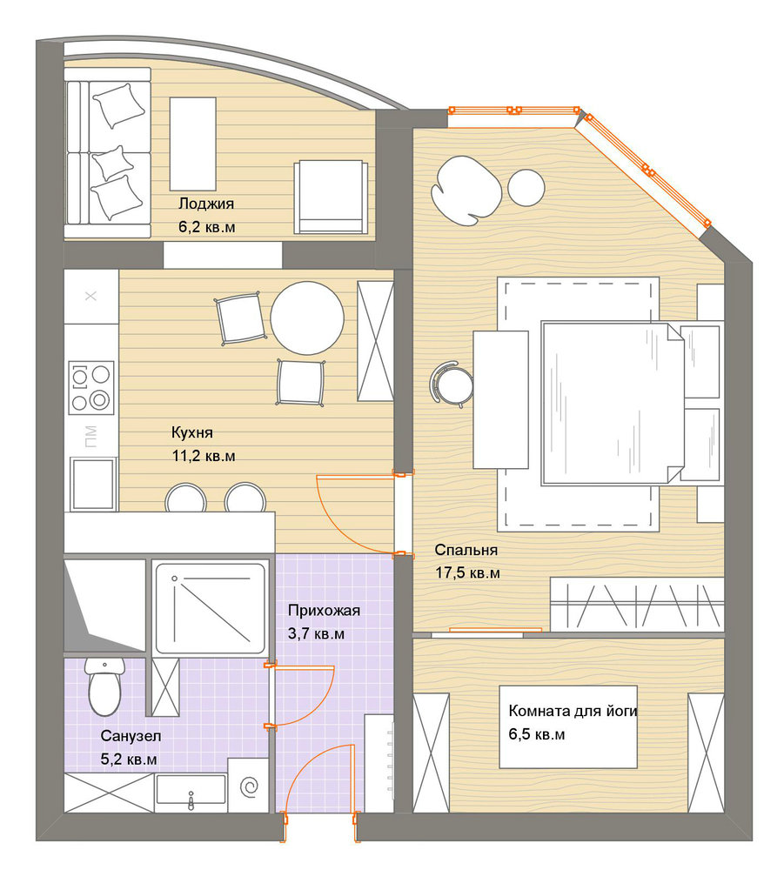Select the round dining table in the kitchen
[x=307, y=318]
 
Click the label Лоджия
[x=206, y=204]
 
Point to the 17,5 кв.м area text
[x=467, y=572]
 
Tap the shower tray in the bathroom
[x=210, y=608]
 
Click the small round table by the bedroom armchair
[x=526, y=188]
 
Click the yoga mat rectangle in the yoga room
[x=568, y=726]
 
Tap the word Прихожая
[x=324, y=611]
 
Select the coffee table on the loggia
[x=192, y=144]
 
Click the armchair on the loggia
[x=331, y=197]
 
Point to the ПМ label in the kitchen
[x=91, y=436]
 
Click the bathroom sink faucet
[x=191, y=800]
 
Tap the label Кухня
[x=192, y=432]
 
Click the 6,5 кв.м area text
[x=537, y=734]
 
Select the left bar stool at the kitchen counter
[x=186, y=498]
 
